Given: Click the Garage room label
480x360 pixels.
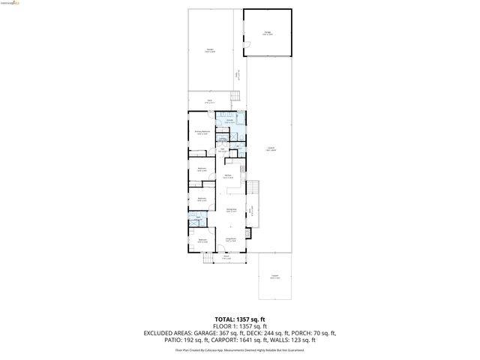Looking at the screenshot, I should pyautogui.click(x=268, y=33).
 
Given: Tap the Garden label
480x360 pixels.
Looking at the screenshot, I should pyautogui.click(x=211, y=52).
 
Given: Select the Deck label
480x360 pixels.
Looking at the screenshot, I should pyautogui.click(x=211, y=101).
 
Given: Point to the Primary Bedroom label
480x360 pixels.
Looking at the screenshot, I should pyautogui.click(x=202, y=133).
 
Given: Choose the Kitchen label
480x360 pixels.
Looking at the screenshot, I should pyautogui.click(x=228, y=177).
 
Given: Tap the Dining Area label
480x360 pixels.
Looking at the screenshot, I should pyautogui.click(x=232, y=211).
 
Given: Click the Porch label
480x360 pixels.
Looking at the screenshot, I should pyautogui.click(x=226, y=258).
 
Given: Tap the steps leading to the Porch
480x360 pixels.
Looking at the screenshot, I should pyautogui.click(x=205, y=259).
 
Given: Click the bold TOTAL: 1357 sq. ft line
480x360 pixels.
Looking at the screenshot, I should pyautogui.click(x=239, y=319).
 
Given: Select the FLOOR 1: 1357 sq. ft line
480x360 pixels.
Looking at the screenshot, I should pyautogui.click(x=239, y=326).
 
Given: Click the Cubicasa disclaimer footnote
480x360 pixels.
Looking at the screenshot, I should pyautogui.click(x=239, y=349).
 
